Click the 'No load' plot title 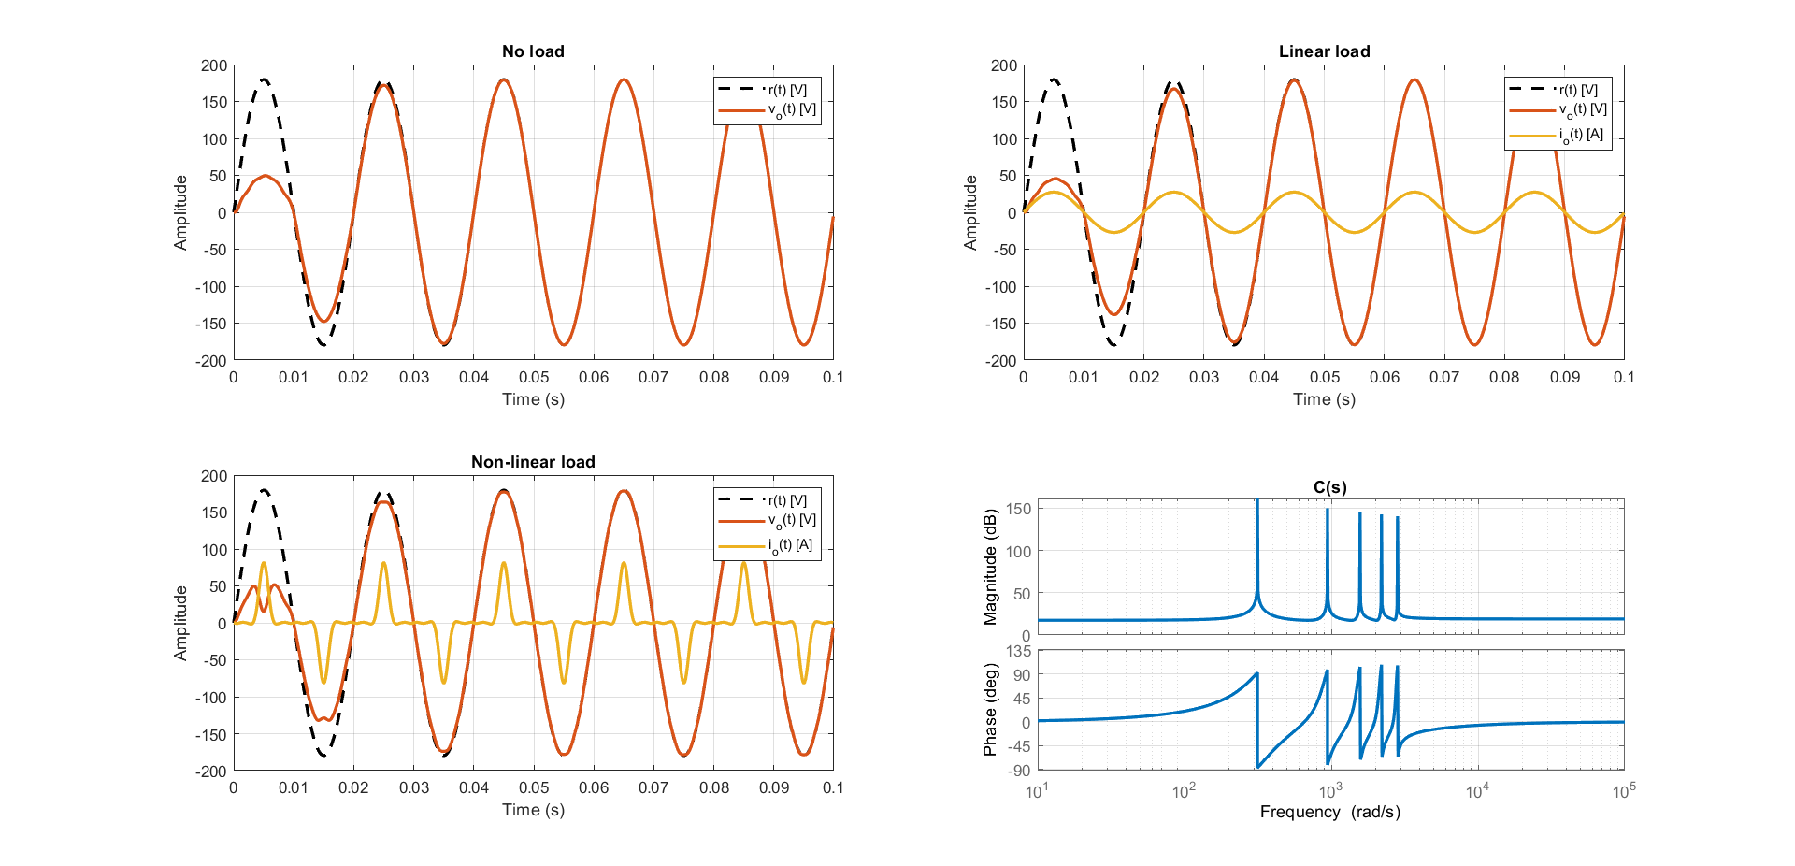[533, 51]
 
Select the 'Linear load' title [1324, 51]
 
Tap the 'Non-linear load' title [533, 462]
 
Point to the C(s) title [1329, 487]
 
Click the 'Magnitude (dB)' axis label [991, 567]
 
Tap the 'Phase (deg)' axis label [991, 710]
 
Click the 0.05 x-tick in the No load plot [534, 377]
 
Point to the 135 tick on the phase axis [1019, 651]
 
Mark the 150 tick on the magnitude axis [1019, 510]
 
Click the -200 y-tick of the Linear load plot [1003, 361]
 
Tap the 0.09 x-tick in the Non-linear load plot [774, 787]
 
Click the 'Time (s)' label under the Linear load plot [1324, 399]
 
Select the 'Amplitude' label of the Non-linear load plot [180, 623]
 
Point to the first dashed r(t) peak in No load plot [265, 80]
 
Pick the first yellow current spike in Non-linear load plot [264, 563]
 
